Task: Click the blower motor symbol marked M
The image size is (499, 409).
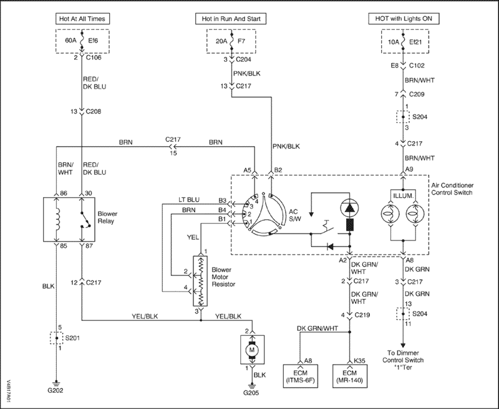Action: pos(253,350)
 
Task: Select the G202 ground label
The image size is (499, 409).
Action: pos(56,391)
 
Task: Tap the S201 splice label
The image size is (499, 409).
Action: pos(72,340)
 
